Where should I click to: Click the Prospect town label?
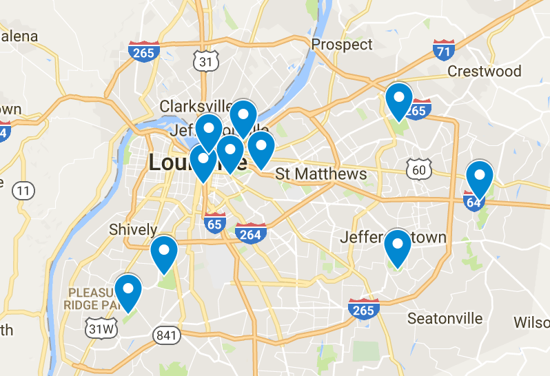click(342, 45)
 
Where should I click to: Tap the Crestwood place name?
click(485, 72)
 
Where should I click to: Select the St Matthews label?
click(321, 174)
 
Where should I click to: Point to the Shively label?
click(133, 229)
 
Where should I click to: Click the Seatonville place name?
click(445, 318)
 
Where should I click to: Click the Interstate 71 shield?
click(444, 50)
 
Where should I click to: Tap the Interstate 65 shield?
click(215, 222)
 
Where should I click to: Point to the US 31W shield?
click(101, 329)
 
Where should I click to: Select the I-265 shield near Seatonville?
click(363, 309)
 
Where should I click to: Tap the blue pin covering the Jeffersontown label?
click(397, 246)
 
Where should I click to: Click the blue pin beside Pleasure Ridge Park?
click(128, 291)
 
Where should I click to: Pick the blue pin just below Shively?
click(164, 252)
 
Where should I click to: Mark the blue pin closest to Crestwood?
click(399, 99)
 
